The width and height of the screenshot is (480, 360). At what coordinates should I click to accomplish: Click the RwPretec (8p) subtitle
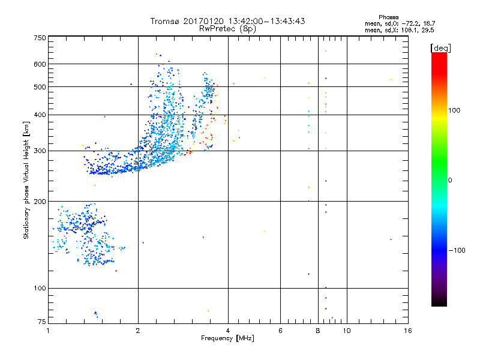(228, 28)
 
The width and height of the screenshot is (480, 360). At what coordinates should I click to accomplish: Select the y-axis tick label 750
(40, 38)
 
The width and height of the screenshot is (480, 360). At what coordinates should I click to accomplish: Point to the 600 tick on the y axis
(40, 64)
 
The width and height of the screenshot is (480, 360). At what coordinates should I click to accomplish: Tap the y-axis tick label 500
(40, 87)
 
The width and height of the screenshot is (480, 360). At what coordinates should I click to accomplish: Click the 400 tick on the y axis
(40, 115)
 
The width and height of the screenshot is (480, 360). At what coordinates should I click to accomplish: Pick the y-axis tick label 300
(40, 151)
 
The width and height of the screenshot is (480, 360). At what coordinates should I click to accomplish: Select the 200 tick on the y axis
(40, 202)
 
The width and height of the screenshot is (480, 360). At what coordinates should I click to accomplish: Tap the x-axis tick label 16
(408, 331)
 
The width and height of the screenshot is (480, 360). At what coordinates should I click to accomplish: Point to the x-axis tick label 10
(346, 331)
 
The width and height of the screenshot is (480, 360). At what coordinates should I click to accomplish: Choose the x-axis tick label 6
(280, 331)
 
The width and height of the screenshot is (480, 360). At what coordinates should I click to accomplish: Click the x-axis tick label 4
(228, 331)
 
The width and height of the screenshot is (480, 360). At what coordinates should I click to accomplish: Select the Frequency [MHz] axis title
(228, 339)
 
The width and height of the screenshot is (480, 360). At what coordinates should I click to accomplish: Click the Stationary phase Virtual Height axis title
(26, 180)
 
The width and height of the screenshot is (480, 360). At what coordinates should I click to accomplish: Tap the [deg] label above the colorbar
(440, 47)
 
